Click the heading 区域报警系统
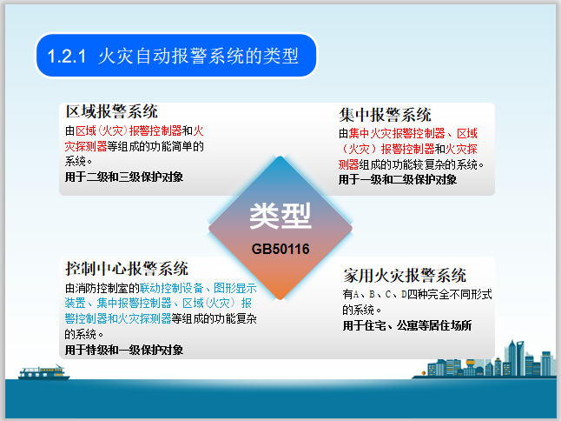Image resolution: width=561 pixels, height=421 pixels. [112, 111]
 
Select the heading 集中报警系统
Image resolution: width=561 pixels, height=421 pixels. [385, 115]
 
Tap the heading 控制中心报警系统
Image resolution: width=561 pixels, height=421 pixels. [127, 268]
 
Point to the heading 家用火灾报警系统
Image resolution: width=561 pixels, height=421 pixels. [405, 275]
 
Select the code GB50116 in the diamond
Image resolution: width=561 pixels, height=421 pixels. [280, 248]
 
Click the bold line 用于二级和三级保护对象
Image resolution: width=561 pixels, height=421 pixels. [124, 176]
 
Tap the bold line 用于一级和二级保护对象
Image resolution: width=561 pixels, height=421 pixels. [398, 179]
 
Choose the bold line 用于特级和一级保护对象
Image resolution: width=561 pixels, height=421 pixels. [124, 350]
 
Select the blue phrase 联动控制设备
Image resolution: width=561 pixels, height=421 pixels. [185, 287]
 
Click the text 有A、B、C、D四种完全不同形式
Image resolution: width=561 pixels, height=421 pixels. [418, 296]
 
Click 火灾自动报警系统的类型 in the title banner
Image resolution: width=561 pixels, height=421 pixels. [199, 57]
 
